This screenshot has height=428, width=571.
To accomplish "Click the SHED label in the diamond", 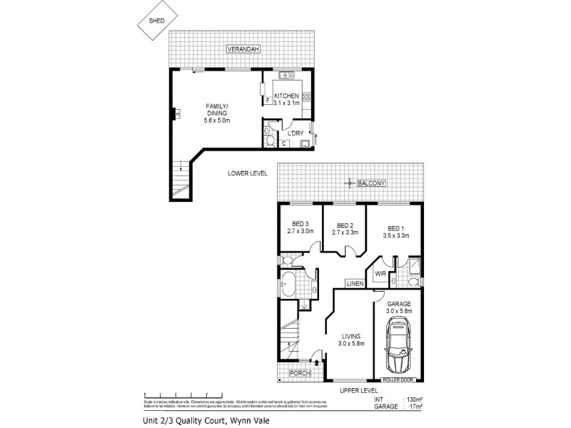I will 156,21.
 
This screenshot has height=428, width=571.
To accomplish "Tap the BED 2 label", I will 345,226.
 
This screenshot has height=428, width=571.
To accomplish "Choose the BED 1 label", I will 393,226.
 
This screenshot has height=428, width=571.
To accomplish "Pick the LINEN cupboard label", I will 355,284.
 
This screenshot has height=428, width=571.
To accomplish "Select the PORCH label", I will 298,373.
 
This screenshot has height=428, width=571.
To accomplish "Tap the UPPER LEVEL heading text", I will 359,392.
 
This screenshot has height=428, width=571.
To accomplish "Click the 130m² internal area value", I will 413,399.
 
